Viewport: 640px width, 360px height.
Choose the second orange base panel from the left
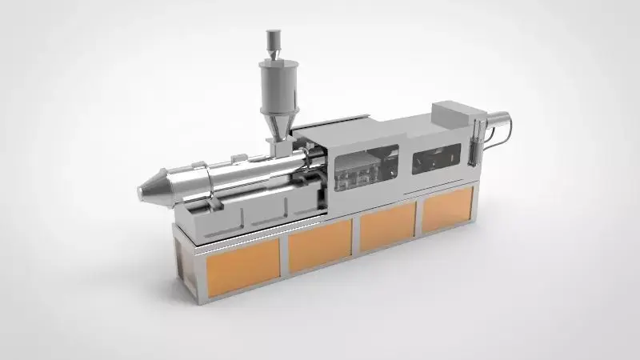[x=320, y=245]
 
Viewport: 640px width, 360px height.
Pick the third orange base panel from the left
[x=387, y=226]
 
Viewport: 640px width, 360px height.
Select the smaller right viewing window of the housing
[x=437, y=158]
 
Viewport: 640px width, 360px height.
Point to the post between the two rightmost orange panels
[x=418, y=217]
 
